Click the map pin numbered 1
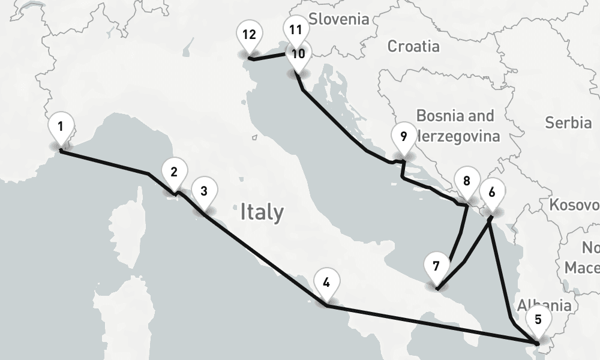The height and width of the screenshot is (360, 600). pos(61,127)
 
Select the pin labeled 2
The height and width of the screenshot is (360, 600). pos(174,172)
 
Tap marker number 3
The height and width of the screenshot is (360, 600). pos(204,192)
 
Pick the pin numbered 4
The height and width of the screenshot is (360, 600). pos(326,283)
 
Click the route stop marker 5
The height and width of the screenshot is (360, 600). pos(538,319)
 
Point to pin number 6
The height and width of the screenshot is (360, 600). pos(492,193)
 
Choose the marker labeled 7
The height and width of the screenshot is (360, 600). pos(436,266)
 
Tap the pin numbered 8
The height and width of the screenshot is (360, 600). pos(467,181)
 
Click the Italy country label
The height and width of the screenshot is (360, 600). pos(262,212)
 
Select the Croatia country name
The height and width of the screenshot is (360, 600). pos(413,46)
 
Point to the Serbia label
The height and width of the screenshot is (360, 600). pos(568,122)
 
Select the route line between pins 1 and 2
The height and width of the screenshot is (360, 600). pos(105,163)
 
